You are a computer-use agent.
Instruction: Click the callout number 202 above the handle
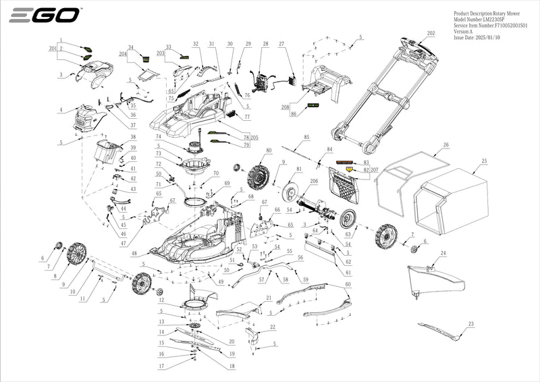(431, 33)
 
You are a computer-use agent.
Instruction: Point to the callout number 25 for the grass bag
(483, 161)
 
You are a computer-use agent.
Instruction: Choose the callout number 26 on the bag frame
(446, 145)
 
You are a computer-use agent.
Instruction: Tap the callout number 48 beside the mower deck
(134, 254)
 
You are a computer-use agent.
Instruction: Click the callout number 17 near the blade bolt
(161, 366)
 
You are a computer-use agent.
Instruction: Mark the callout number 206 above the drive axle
(313, 182)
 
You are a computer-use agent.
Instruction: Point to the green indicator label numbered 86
(314, 106)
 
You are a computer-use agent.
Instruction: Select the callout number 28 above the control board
(265, 45)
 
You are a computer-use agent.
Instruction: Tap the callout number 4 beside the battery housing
(61, 110)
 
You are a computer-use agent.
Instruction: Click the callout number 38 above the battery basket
(134, 137)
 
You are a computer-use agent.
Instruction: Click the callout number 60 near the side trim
(348, 285)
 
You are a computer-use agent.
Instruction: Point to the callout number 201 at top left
(53, 49)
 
